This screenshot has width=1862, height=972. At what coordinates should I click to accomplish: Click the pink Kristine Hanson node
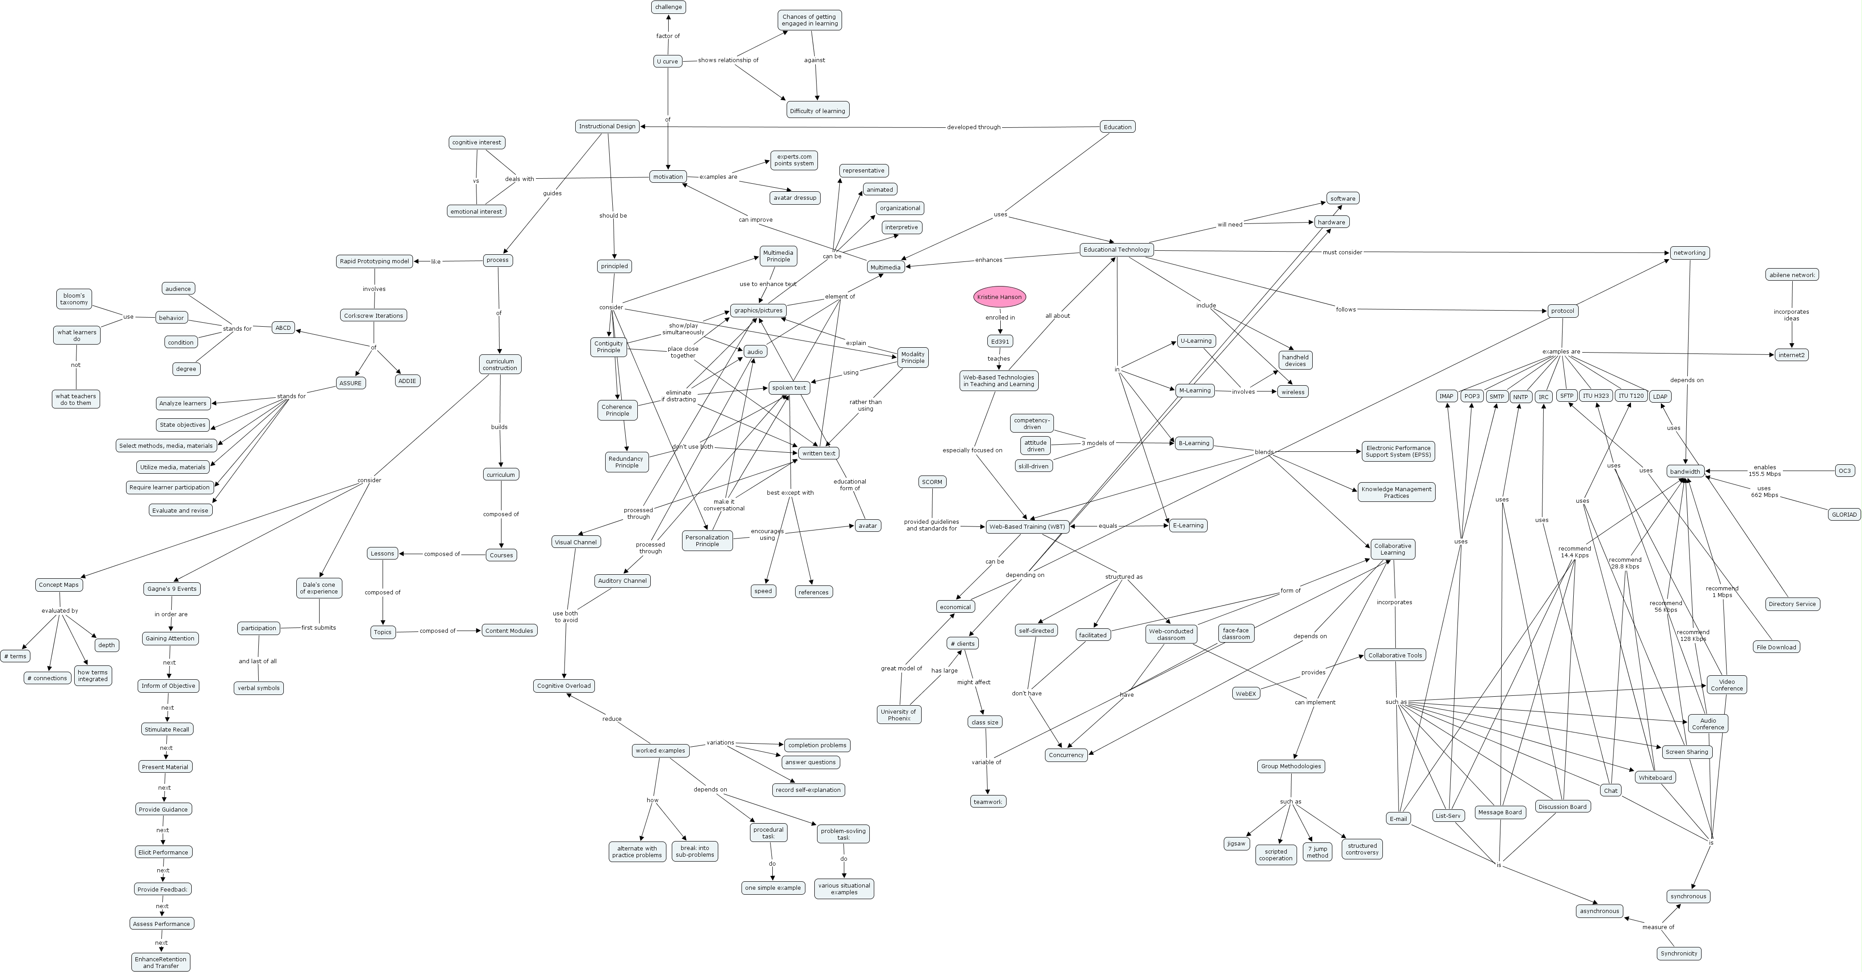coord(999,297)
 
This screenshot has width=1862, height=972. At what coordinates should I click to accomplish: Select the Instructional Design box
coord(607,126)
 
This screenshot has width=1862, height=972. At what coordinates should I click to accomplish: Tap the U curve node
coord(667,61)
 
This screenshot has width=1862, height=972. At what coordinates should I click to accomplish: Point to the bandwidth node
coord(1685,471)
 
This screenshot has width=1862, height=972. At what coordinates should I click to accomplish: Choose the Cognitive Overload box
coord(564,686)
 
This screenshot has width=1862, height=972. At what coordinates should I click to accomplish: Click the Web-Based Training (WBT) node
coord(1026,527)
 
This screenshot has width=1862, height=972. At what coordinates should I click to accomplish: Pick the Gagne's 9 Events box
coord(171,589)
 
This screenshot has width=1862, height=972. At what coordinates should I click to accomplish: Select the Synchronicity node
coord(1678,953)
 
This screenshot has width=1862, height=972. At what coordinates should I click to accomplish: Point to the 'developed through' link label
coord(973,127)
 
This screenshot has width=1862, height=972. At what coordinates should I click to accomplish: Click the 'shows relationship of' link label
coord(728,60)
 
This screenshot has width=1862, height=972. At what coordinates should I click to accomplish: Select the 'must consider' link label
coord(1342,252)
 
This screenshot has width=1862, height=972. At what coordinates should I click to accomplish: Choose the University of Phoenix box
coord(898,715)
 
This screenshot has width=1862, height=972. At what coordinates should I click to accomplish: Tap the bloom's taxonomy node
coord(74,299)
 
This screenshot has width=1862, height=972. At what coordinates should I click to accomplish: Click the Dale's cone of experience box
coord(319,588)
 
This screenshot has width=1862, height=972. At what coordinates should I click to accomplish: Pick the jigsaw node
coord(1236,843)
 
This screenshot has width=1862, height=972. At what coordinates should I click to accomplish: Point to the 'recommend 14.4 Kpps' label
coord(1574,552)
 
